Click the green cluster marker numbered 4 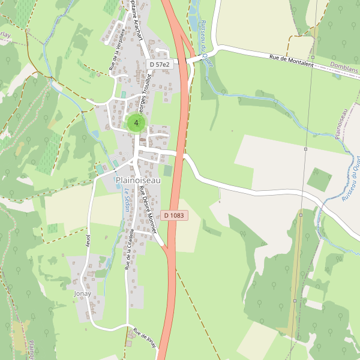pyautogui.click(x=136, y=123)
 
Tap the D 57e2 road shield pyautogui.click(x=160, y=64)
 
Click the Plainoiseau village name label pyautogui.click(x=138, y=180)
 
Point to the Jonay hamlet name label pyautogui.click(x=82, y=294)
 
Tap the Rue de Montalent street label pyautogui.click(x=292, y=61)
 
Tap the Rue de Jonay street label pyautogui.click(x=145, y=338)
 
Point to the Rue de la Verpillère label pyautogui.click(x=116, y=50)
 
